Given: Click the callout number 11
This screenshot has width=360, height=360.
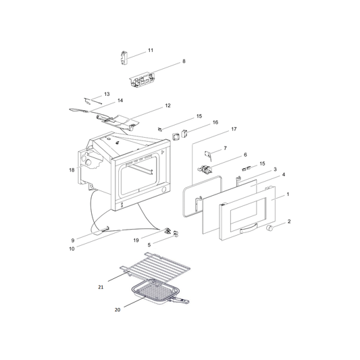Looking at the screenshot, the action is pos(151,50).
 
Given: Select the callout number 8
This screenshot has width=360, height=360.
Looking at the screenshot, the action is pos(184,61).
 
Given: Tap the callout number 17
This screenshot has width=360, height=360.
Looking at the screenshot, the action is pos(234,129).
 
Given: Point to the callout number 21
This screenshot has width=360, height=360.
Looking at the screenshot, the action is pos(101,287).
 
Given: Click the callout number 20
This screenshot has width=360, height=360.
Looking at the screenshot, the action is pos(118,310).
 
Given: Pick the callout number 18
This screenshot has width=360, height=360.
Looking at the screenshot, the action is pos(72,170).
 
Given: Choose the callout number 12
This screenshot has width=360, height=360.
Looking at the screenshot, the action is pos(168,105).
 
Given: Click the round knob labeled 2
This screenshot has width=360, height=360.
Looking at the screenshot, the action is pos(269,228).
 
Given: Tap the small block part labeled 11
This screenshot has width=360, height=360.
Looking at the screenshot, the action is pos(124,57).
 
